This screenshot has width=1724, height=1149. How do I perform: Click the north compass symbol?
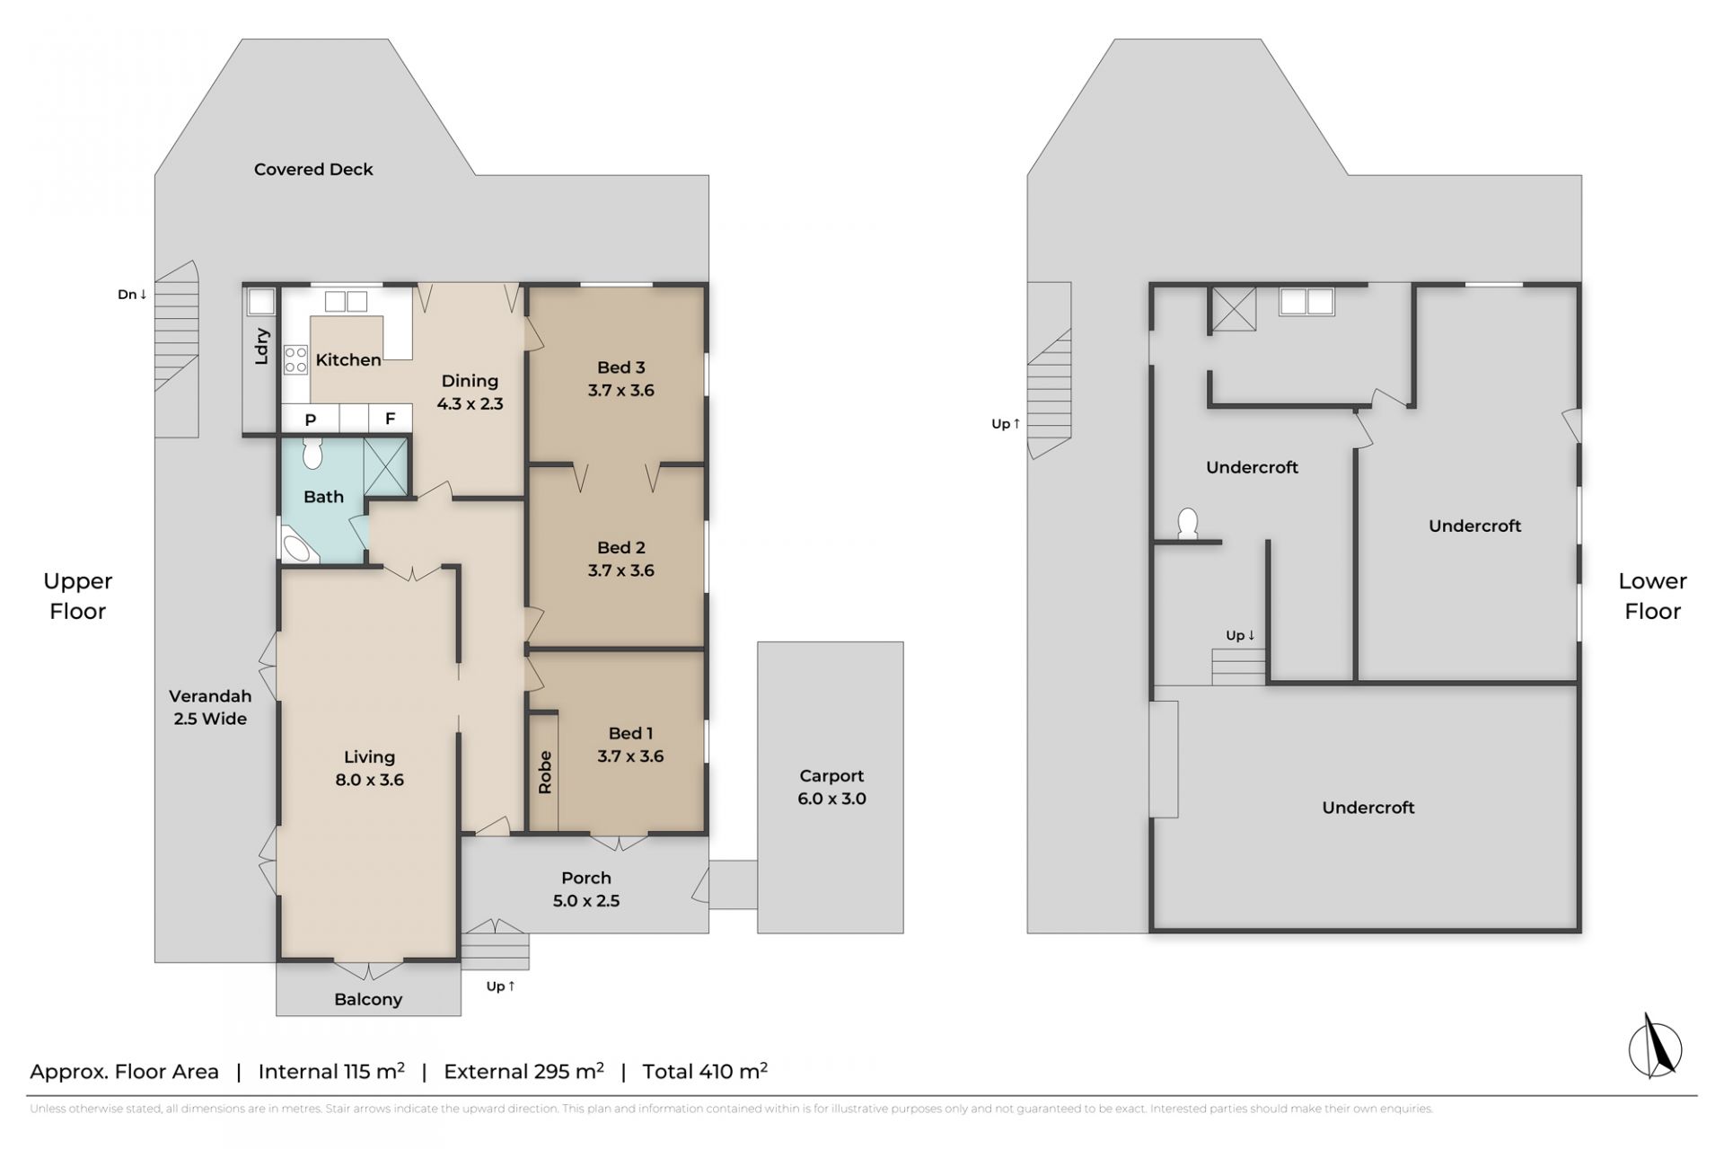click(x=1655, y=1046)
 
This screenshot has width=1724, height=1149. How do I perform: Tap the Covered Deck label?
click(x=313, y=169)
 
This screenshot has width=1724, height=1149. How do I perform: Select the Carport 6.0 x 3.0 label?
click(x=831, y=787)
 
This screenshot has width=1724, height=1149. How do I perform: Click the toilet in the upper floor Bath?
click(x=312, y=454)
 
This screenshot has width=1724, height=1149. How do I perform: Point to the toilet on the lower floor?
click(x=1187, y=524)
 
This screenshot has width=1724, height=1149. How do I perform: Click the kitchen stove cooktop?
click(x=295, y=359)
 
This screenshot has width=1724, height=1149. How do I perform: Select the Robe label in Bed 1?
click(x=545, y=772)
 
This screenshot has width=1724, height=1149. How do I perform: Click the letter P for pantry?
click(x=311, y=420)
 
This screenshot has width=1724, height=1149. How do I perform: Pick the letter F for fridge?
click(x=391, y=419)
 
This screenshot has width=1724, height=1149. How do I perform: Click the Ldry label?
click(x=261, y=346)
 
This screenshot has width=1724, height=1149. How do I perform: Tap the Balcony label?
click(x=368, y=999)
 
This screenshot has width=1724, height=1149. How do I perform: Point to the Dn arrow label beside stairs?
click(x=132, y=294)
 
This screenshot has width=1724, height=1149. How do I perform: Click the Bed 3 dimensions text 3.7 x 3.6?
click(x=621, y=390)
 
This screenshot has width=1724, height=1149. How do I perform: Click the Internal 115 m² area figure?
click(x=331, y=1071)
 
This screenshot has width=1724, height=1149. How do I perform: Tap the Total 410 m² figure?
click(x=705, y=1071)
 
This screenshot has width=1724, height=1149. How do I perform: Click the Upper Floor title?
click(x=78, y=596)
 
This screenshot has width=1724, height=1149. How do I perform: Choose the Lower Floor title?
click(x=1652, y=596)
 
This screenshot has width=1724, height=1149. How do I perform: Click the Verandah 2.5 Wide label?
click(x=210, y=707)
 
